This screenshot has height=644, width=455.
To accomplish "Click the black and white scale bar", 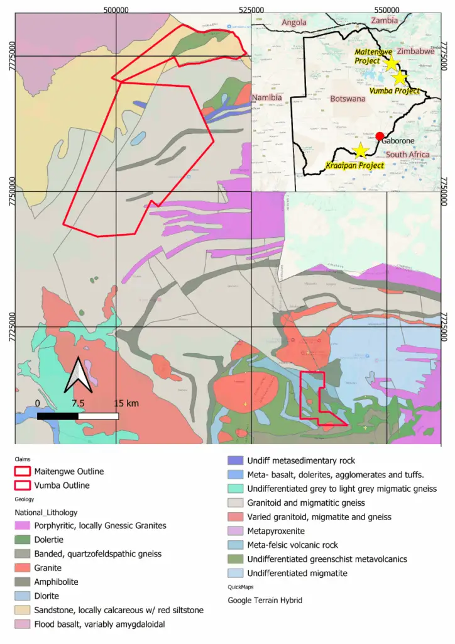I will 78,416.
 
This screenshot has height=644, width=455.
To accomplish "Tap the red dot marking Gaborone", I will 380,135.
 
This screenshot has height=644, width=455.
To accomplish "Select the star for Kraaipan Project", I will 360,150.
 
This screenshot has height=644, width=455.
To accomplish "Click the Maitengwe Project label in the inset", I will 368,56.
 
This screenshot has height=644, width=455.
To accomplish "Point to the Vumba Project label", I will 395,91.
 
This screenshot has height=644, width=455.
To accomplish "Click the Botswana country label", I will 348,99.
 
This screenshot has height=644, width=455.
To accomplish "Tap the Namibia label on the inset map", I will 267,98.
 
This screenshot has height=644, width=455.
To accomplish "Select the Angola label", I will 294,22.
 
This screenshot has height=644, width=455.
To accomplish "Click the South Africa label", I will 407,155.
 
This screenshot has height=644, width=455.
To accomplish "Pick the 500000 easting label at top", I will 116,9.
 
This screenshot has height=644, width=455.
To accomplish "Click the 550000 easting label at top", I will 386,9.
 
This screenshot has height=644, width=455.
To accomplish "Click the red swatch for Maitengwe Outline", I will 23,471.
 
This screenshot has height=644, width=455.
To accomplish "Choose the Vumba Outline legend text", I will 62,486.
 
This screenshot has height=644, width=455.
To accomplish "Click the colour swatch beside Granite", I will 23,568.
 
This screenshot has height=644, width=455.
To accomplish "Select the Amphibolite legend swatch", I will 23,582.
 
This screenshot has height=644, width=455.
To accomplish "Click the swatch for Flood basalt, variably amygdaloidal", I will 23,624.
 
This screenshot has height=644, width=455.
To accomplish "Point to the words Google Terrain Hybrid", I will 265,601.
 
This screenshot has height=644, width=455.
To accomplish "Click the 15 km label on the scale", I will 126,403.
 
